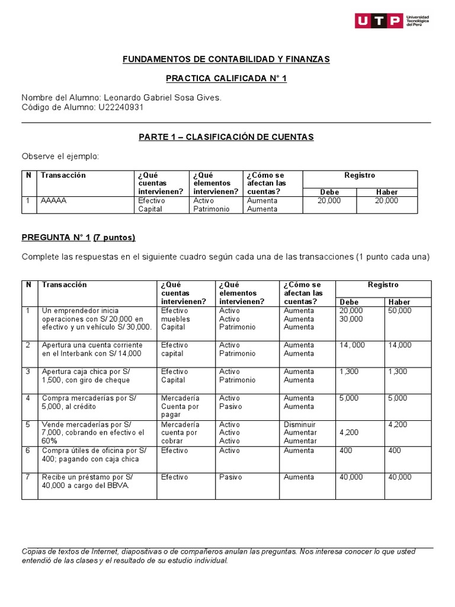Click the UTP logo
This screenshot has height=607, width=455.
(392, 21)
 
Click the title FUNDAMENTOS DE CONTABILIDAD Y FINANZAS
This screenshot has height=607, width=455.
(226, 59)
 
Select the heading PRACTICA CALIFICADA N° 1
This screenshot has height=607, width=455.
(226, 78)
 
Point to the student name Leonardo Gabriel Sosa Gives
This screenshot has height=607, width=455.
(162, 98)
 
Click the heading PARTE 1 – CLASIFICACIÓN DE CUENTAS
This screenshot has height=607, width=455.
(226, 137)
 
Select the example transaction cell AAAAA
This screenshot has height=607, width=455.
(54, 201)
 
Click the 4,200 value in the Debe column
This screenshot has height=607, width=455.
(349, 433)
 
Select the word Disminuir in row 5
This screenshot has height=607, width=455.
(300, 424)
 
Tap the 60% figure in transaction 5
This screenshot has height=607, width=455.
(50, 441)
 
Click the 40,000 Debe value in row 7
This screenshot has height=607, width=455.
(351, 477)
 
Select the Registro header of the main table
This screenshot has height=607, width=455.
(383, 285)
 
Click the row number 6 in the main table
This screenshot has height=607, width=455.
(28, 451)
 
